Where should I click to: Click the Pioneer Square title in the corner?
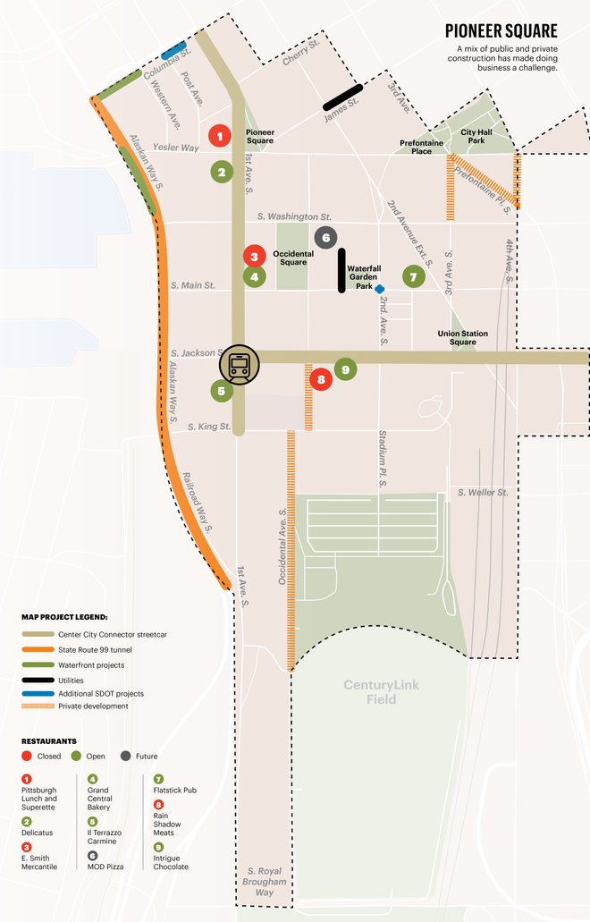501,31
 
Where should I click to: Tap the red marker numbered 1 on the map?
218,136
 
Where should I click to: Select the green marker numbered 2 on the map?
222,172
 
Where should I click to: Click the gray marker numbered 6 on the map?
325,237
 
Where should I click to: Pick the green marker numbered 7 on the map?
412,276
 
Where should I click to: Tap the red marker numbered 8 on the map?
320,379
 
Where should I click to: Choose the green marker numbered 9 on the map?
346,368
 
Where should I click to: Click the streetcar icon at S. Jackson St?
240,364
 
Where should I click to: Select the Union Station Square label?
462,338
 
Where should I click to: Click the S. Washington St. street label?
294,216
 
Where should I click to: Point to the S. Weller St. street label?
483,493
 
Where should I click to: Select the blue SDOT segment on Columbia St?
173,50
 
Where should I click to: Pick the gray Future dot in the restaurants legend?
126,757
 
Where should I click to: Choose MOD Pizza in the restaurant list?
109,866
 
